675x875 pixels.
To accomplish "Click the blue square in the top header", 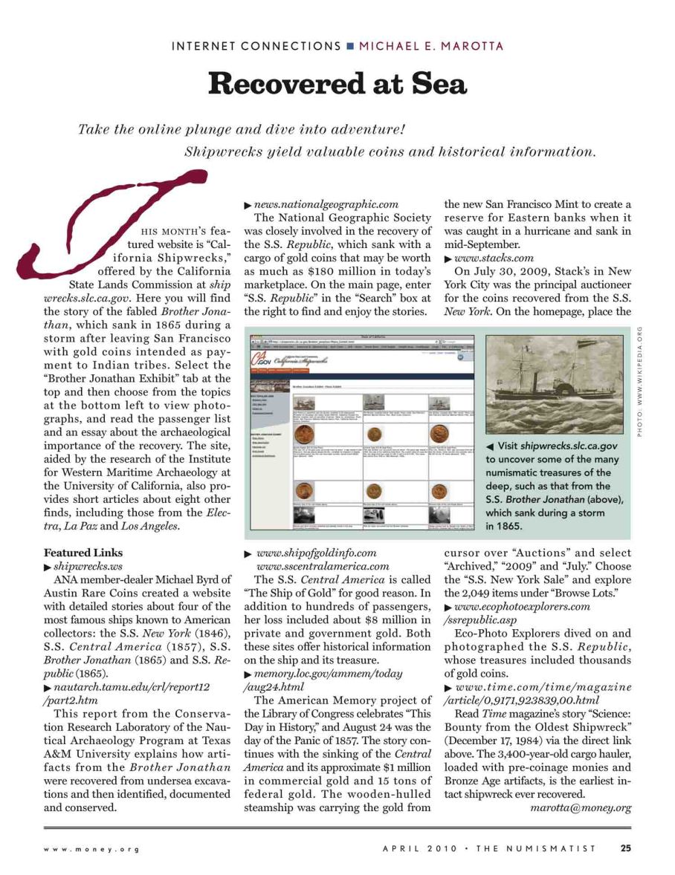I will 349,46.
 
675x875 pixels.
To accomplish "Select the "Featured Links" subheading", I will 83,553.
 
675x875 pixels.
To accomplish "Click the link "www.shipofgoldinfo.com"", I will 316,553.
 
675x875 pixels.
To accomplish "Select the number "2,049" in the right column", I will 462,593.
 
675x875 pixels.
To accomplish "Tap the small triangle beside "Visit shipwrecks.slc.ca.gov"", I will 490,446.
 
